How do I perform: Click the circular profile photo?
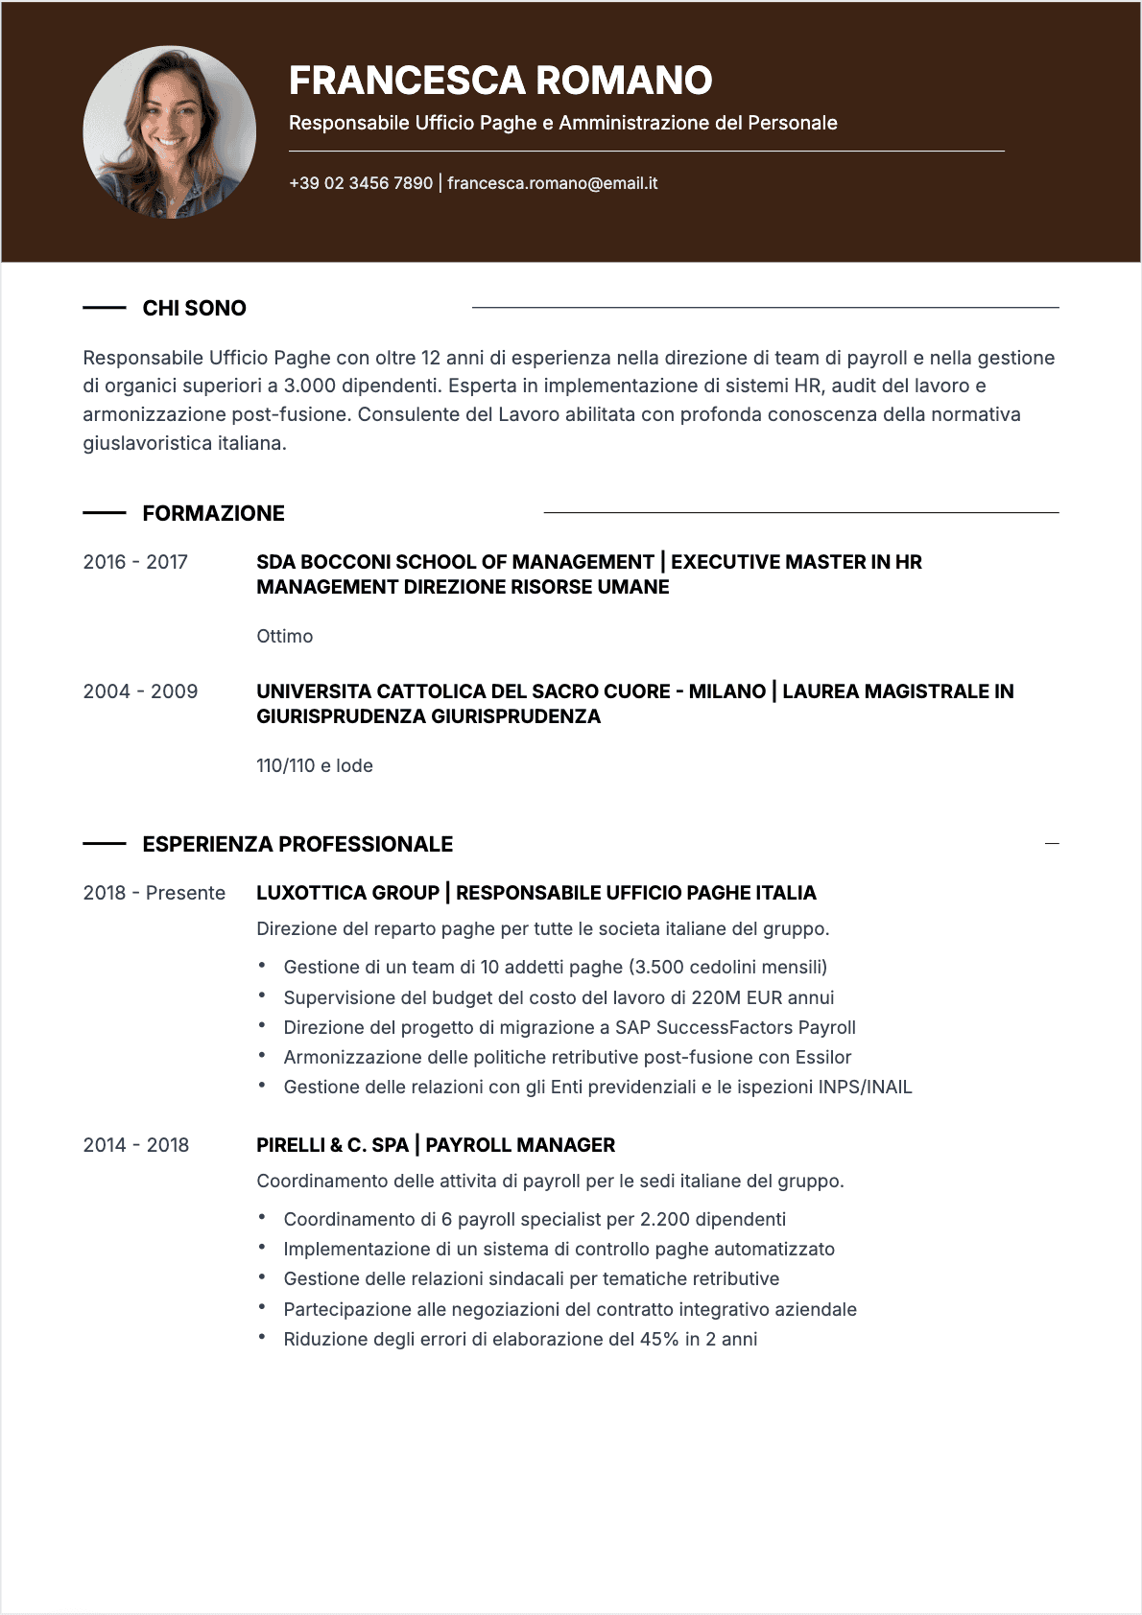170,132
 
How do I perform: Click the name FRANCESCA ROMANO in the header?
500,81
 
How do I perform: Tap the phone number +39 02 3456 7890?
361,183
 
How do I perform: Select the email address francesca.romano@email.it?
552,183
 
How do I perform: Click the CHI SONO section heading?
194,308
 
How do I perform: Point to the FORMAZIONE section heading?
213,513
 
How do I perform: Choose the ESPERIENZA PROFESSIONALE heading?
297,844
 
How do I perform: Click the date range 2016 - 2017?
135,562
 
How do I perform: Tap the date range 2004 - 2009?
140,691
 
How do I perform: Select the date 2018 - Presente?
154,893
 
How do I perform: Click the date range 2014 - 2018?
135,1145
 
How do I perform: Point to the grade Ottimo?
284,636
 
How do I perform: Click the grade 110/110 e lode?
314,765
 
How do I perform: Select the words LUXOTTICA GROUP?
347,893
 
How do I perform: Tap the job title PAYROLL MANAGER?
520,1145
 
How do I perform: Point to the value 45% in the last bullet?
659,1339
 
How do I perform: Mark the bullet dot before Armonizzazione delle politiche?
261,1056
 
